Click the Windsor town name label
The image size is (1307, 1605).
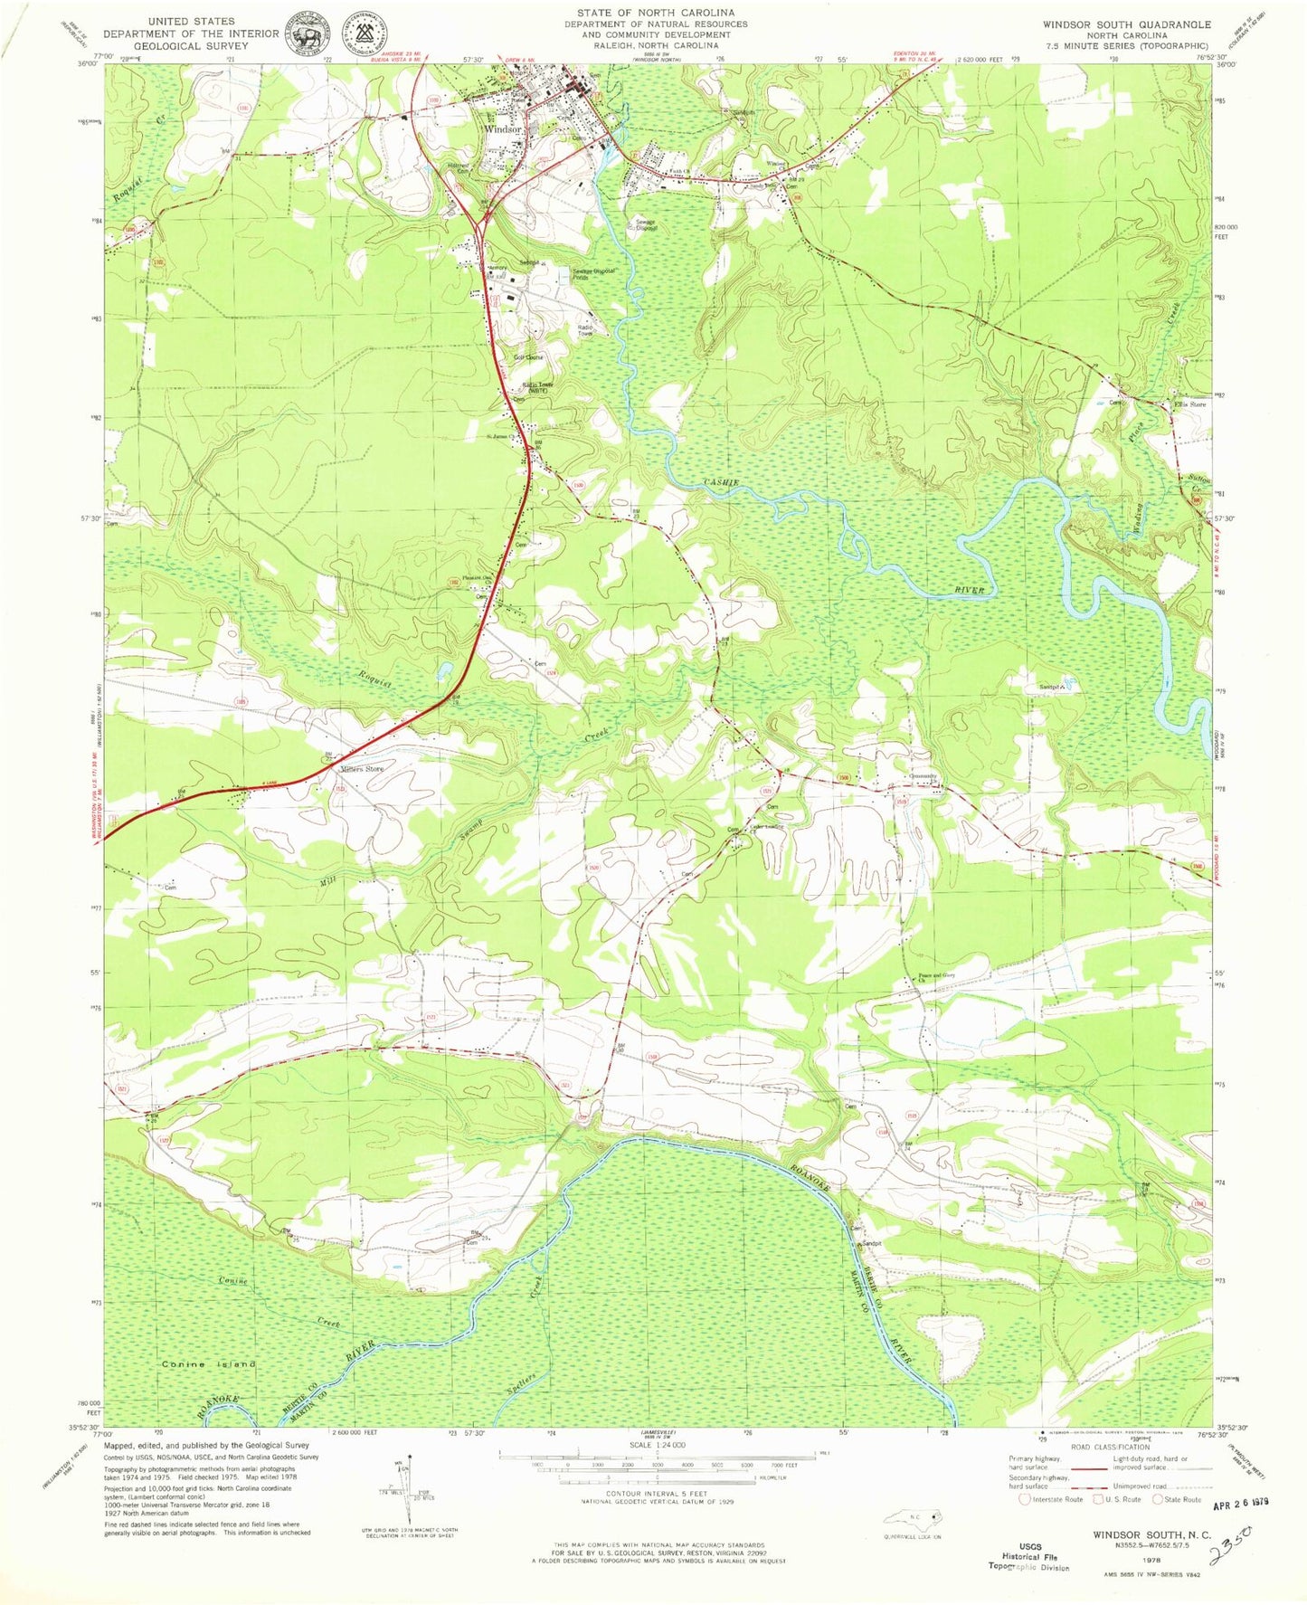coord(503,129)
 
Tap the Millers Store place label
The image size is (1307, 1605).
coord(362,769)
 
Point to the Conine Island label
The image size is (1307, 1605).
coord(209,1364)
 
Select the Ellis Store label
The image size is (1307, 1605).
coord(1192,404)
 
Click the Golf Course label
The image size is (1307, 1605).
coord(529,357)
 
